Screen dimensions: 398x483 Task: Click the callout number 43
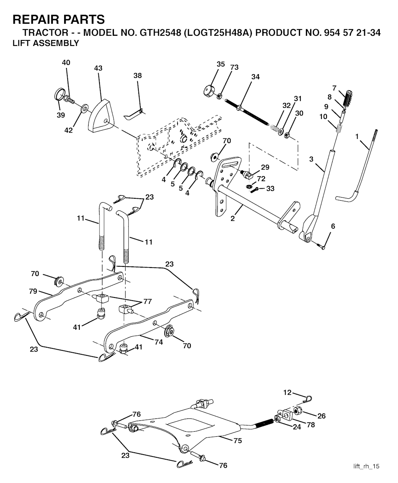click(x=98, y=68)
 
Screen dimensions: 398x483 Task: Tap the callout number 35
click(x=221, y=64)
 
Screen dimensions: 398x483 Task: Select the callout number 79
click(x=33, y=291)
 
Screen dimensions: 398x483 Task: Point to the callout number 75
click(x=238, y=441)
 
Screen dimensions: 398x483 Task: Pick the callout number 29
click(x=265, y=167)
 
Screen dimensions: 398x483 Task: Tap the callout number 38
click(x=138, y=76)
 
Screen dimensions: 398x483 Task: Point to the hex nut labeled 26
click(x=297, y=411)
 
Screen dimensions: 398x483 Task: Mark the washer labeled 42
click(x=84, y=108)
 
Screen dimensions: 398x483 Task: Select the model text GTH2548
click(x=160, y=33)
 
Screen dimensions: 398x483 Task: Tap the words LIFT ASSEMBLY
click(x=46, y=43)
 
